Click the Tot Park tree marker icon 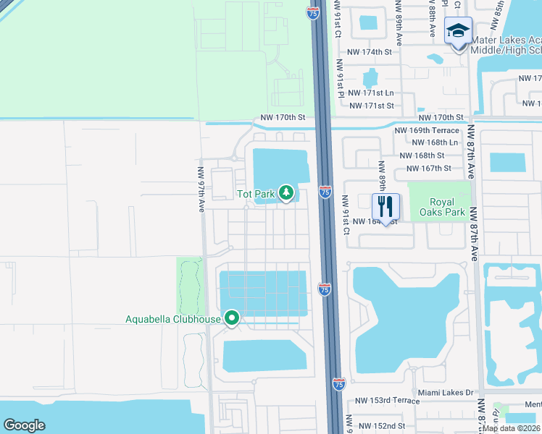coord(287,193)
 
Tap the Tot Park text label coord(256,194)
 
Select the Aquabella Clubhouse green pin coord(232,318)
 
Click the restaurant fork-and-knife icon coord(385,205)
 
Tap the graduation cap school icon coord(458,30)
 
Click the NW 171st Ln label coord(371,93)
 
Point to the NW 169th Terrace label coord(427,130)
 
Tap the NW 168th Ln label coord(435,142)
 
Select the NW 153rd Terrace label coord(387,401)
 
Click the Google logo coord(24,425)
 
